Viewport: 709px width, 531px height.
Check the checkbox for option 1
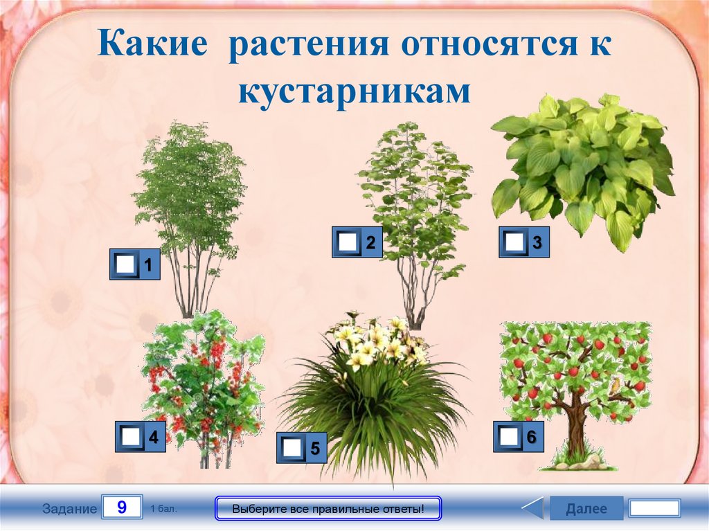click(125, 264)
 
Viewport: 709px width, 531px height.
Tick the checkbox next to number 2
click(348, 242)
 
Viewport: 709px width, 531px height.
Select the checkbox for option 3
click(514, 242)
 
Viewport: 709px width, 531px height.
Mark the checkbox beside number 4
click(131, 436)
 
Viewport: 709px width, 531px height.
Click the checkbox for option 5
click(292, 448)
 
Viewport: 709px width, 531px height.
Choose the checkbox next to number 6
click(509, 436)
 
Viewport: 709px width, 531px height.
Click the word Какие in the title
click(152, 43)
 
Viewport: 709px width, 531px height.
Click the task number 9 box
click(122, 507)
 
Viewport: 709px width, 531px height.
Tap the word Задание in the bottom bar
click(70, 509)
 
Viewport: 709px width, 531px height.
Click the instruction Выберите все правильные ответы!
click(328, 509)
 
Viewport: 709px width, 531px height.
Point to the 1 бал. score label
click(163, 509)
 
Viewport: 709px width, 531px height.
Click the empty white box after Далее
click(655, 508)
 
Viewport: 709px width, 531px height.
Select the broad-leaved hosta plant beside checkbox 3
click(583, 168)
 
